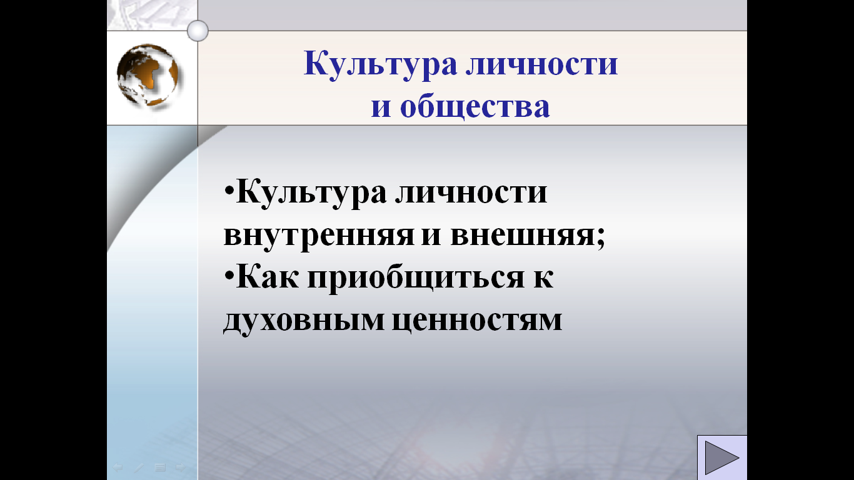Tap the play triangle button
pyautogui.click(x=721, y=457)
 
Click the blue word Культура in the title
pyautogui.click(x=380, y=64)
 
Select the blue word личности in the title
pyautogui.click(x=542, y=64)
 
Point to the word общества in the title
pyautogui.click(x=475, y=106)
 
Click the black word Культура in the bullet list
pyautogui.click(x=311, y=192)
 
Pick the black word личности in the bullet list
pyautogui.click(x=471, y=192)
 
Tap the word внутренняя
pyautogui.click(x=319, y=235)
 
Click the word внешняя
pyautogui.click(x=523, y=235)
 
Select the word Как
pyautogui.click(x=267, y=277)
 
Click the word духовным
pyautogui.click(x=303, y=319)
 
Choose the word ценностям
pyautogui.click(x=477, y=320)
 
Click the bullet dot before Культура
pyautogui.click(x=229, y=190)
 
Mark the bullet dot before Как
pyautogui.click(x=229, y=275)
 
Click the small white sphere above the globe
pyautogui.click(x=198, y=31)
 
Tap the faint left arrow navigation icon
pyautogui.click(x=118, y=467)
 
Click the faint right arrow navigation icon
pyautogui.click(x=180, y=467)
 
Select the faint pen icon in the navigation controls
pyautogui.click(x=139, y=467)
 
